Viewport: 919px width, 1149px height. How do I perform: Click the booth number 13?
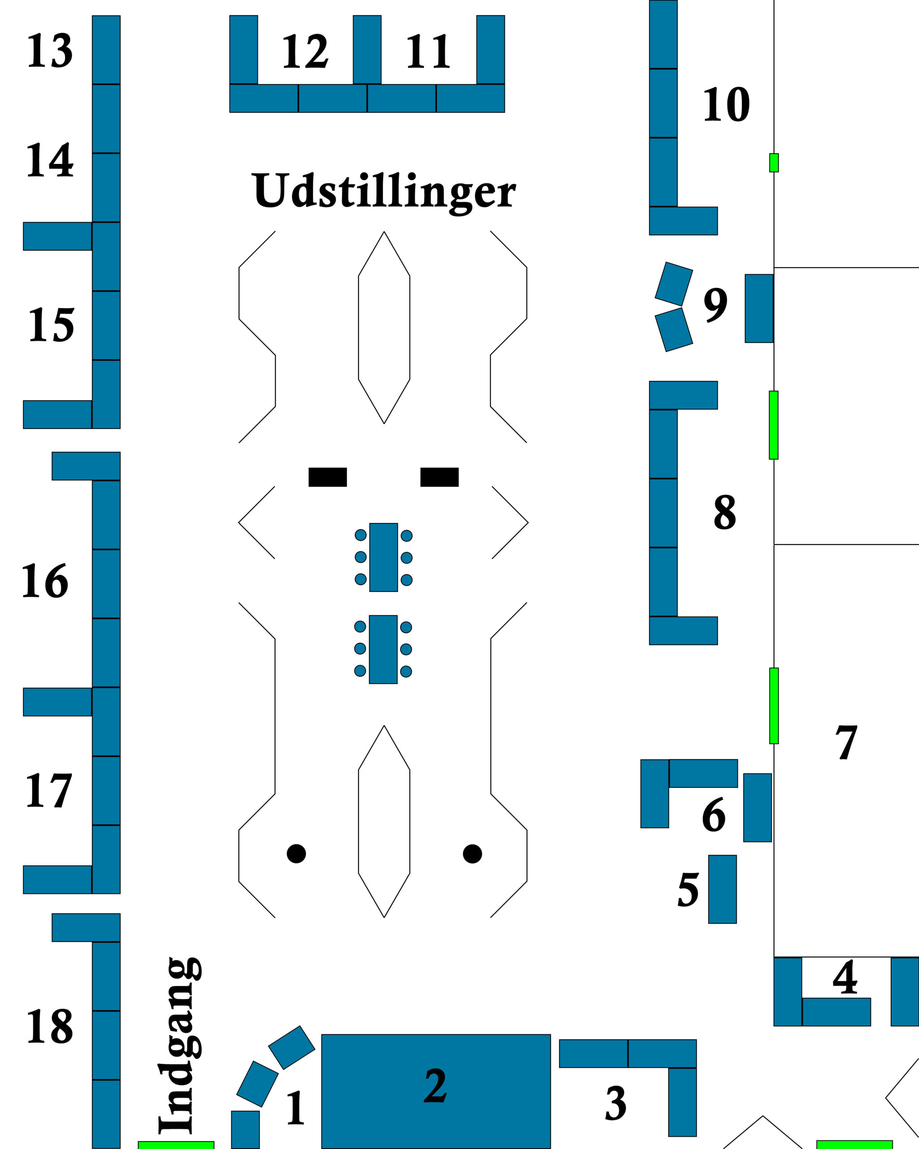pyautogui.click(x=49, y=51)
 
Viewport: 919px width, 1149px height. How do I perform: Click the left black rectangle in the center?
pyautogui.click(x=328, y=477)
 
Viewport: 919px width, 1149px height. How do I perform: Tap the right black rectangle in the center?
pyautogui.click(x=439, y=477)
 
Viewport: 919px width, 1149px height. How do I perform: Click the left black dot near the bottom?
pyautogui.click(x=296, y=853)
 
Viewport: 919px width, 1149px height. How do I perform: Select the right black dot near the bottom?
pyautogui.click(x=473, y=853)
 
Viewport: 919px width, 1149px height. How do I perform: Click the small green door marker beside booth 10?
pyautogui.click(x=774, y=162)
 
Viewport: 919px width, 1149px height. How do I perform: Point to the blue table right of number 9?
pyautogui.click(x=759, y=308)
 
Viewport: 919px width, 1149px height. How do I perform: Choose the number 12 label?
pyautogui.click(x=305, y=52)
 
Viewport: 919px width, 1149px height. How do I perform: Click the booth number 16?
pyautogui.click(x=45, y=581)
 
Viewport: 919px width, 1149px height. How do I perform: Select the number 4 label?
pyautogui.click(x=845, y=978)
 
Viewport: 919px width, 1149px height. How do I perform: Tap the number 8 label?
pyautogui.click(x=725, y=512)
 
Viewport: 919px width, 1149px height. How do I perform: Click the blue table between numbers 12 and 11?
pyautogui.click(x=367, y=49)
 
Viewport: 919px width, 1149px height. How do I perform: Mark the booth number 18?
pyautogui.click(x=49, y=1026)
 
